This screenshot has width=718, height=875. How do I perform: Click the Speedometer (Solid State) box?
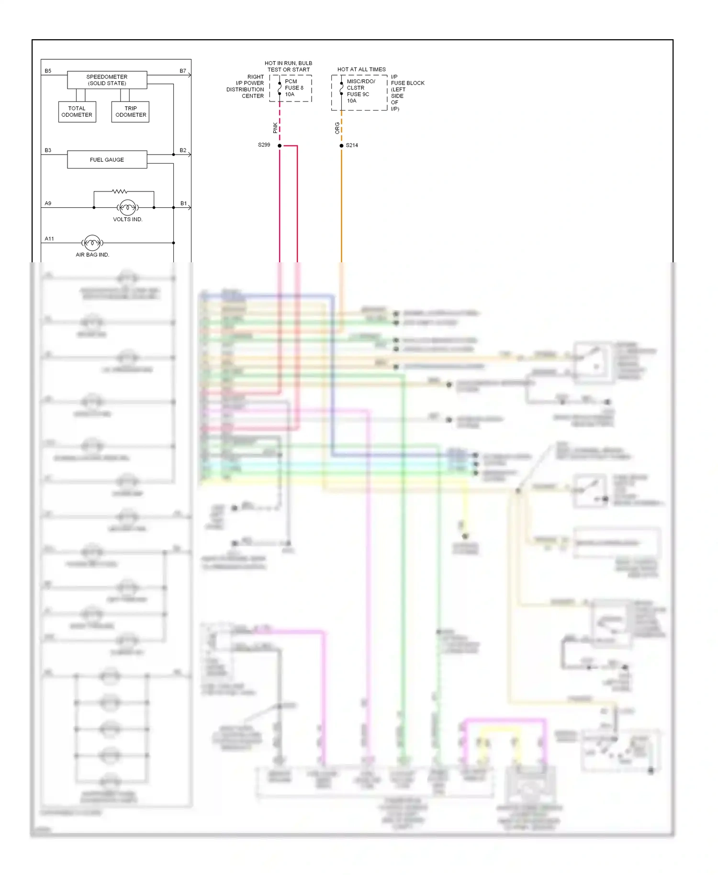[107, 80]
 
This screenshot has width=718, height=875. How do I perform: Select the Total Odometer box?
[77, 112]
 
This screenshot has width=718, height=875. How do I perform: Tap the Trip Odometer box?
[130, 112]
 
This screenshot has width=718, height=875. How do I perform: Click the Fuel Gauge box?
[107, 159]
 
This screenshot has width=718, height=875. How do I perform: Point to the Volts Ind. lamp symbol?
[127, 207]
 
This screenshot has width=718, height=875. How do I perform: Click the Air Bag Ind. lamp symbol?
[92, 243]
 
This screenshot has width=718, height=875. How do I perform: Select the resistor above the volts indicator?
[120, 191]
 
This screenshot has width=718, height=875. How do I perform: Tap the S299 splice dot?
[280, 146]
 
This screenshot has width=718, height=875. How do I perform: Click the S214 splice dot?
[341, 146]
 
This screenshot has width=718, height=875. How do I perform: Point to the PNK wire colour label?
[275, 127]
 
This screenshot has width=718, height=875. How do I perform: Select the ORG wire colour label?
[337, 127]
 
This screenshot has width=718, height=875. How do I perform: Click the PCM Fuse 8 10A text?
[293, 88]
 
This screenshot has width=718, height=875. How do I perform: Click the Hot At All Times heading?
[361, 69]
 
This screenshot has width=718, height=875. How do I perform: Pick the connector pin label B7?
[183, 71]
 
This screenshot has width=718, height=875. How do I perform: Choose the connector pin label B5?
[48, 71]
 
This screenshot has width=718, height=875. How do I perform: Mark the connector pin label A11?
[49, 238]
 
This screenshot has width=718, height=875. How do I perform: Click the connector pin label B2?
[183, 150]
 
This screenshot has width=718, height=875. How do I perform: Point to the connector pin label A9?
[48, 203]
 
